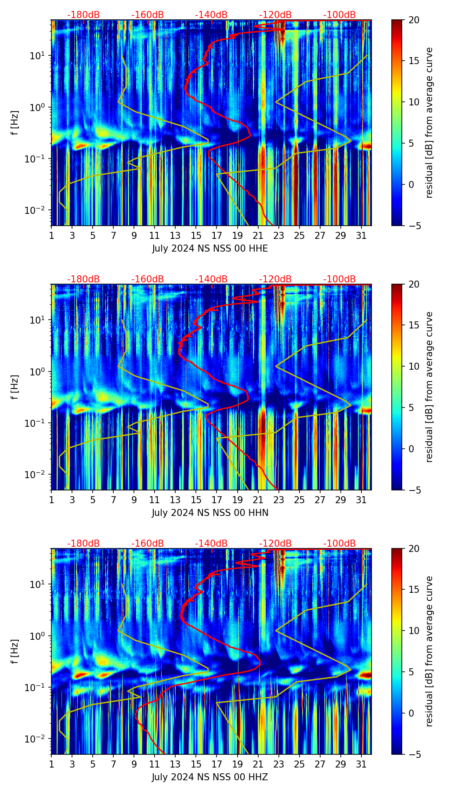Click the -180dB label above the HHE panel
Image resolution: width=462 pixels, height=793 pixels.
point(83,15)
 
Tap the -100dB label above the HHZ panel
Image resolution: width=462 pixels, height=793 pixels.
point(339,544)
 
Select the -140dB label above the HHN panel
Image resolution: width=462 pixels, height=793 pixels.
point(211,279)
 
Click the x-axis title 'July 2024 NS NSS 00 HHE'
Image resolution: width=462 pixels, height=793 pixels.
point(210,249)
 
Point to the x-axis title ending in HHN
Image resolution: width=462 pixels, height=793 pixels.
point(210,513)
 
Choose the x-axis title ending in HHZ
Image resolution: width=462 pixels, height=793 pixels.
point(210,777)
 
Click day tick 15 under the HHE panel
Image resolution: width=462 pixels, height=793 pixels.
point(196,235)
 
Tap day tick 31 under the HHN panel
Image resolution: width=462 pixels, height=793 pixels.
point(361,500)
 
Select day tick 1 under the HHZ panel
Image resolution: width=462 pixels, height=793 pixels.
point(51,764)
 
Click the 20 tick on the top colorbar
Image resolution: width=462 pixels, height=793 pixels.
point(414,20)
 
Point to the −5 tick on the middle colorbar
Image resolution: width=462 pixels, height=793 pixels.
point(414,490)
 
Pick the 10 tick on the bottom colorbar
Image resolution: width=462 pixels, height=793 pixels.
point(414,631)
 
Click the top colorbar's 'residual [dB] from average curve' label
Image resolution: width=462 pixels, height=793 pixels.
point(430,123)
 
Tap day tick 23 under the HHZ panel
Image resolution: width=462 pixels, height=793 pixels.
point(278,764)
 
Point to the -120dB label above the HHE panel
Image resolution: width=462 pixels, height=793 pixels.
point(275,15)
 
